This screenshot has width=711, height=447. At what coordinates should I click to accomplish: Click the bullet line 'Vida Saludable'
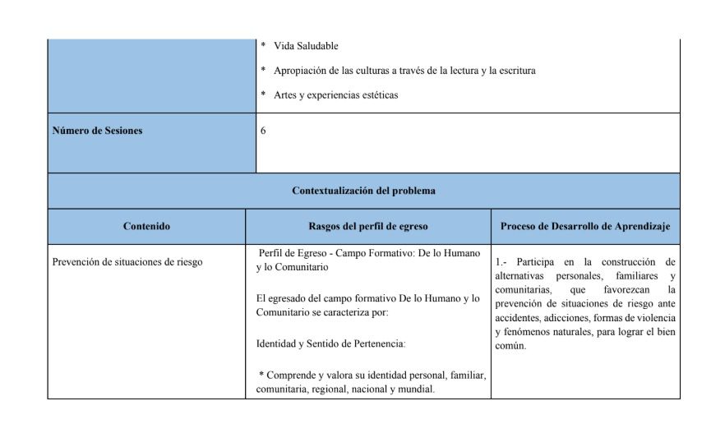306,46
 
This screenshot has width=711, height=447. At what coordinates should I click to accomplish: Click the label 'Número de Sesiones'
97,130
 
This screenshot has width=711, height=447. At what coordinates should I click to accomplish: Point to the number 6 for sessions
263,130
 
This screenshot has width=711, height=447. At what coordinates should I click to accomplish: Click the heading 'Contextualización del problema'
363,191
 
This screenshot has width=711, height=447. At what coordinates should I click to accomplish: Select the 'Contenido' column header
146,226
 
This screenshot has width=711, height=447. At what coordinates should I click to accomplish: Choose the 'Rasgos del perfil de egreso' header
367,226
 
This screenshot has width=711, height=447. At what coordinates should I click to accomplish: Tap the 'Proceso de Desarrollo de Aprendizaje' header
585,226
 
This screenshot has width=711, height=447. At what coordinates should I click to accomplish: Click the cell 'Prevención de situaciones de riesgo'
127,263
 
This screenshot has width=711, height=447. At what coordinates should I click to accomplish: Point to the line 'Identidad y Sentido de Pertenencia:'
331,343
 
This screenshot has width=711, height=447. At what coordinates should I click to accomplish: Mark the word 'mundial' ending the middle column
418,389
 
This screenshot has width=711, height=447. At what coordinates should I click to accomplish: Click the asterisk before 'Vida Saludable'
263,46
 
